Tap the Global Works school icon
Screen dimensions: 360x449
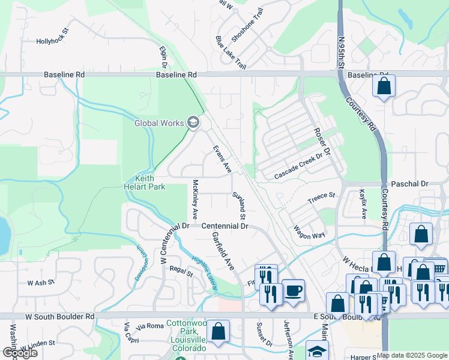point(193,123)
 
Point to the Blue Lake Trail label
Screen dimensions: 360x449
point(231,52)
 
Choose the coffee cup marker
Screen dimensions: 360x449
point(292,290)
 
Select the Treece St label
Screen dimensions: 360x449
point(321,196)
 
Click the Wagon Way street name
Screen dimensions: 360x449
point(310,232)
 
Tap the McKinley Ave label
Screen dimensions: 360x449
point(195,199)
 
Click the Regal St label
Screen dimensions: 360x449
point(181,274)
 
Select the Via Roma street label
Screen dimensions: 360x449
point(150,326)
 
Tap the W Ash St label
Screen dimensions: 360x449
point(40,281)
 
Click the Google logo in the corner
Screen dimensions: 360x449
point(20,353)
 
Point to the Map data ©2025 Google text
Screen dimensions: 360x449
point(412,355)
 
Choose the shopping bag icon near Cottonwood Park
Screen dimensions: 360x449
point(218,331)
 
